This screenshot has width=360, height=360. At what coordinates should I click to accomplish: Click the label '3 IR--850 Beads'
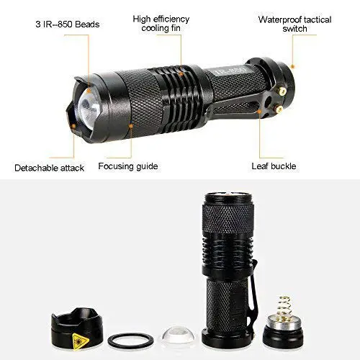[x=68, y=24]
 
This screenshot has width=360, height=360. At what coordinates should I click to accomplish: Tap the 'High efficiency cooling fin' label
[x=161, y=24]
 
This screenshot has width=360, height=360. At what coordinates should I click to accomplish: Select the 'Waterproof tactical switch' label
[x=294, y=24]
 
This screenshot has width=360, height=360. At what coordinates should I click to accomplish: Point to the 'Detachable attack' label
[x=49, y=168]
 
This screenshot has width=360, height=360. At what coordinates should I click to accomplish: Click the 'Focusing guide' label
[x=128, y=166]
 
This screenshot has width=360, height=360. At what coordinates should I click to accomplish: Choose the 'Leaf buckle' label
[x=274, y=166]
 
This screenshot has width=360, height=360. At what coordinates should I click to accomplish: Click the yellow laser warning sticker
[x=80, y=341]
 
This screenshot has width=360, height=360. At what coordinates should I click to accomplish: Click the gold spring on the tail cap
[x=284, y=308]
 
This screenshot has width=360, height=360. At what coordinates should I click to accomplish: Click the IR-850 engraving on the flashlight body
[x=229, y=71]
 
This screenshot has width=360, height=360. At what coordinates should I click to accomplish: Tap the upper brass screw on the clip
[x=283, y=91]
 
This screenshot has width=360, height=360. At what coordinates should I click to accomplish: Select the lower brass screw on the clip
[x=279, y=109]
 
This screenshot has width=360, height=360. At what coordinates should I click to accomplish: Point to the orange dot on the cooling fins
[x=181, y=74]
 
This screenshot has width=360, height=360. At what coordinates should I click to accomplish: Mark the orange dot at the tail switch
[x=292, y=66]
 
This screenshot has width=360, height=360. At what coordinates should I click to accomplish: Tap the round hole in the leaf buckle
[x=269, y=99]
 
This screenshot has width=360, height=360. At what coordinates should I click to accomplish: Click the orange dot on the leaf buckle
[x=259, y=112]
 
